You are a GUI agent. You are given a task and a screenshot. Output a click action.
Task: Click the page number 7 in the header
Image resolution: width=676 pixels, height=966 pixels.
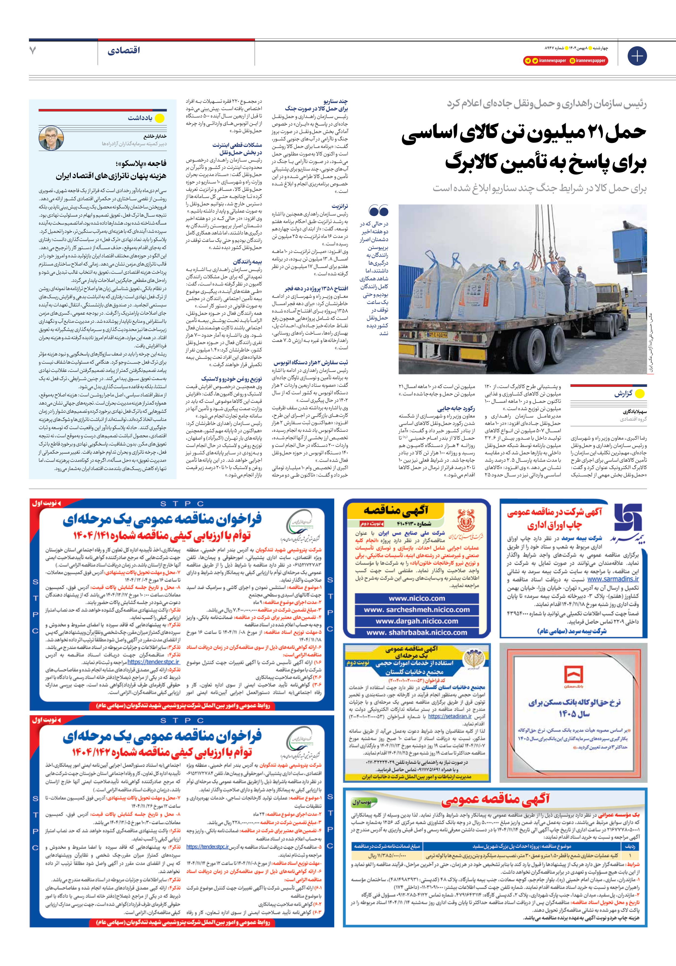point(33,51)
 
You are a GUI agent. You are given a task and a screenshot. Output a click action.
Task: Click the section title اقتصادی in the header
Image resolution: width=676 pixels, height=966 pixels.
point(123,51)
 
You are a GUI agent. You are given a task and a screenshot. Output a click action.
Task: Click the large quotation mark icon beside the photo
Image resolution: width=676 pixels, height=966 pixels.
point(378,210)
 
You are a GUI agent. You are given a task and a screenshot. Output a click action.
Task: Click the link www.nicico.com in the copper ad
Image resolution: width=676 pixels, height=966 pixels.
point(416,598)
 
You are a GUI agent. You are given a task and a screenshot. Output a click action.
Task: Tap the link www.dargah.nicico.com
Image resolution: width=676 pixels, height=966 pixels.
point(416,621)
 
